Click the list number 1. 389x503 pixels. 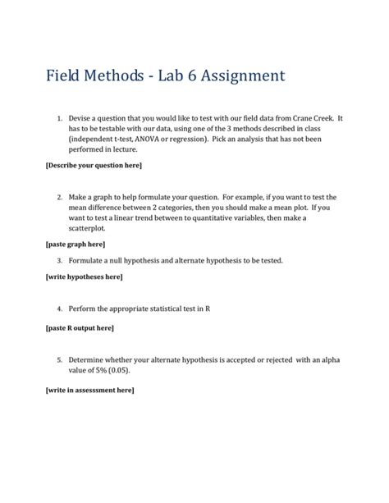click(59, 120)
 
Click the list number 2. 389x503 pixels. click(59, 197)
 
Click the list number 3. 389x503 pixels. click(59, 260)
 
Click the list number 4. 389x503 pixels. click(59, 309)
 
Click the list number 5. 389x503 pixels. click(59, 359)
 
